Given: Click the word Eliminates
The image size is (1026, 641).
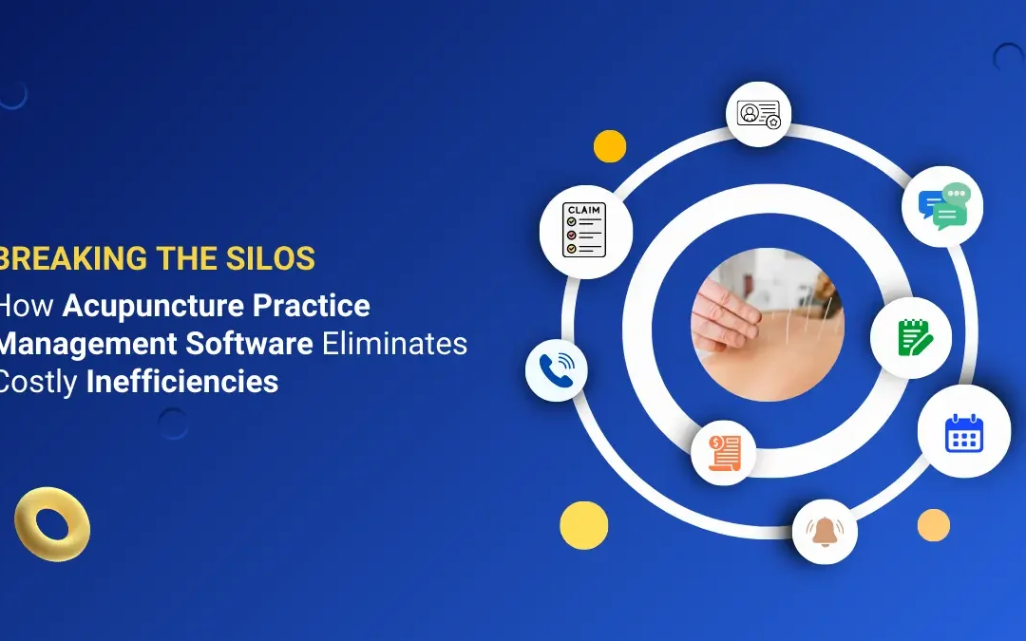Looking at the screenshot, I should coord(394,343).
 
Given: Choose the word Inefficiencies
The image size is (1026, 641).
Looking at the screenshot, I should coord(182,381).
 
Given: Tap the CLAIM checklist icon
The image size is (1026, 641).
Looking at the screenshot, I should coord(585,230).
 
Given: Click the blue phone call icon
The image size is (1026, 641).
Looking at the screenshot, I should coord(556,369).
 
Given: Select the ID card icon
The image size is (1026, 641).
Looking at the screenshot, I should coord(758,113).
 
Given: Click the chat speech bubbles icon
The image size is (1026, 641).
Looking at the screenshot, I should coord(942,206).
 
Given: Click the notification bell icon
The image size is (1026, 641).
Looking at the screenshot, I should coord(825,531).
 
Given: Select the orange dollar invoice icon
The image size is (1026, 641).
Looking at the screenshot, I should coord(723,451).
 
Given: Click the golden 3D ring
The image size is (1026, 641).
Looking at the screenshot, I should coord(52,523).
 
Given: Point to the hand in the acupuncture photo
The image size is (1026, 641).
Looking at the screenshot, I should coord(727,308).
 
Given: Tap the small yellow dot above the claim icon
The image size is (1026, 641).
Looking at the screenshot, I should coord(609,146).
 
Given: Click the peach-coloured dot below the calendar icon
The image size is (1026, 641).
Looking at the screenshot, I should coord(934,525).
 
